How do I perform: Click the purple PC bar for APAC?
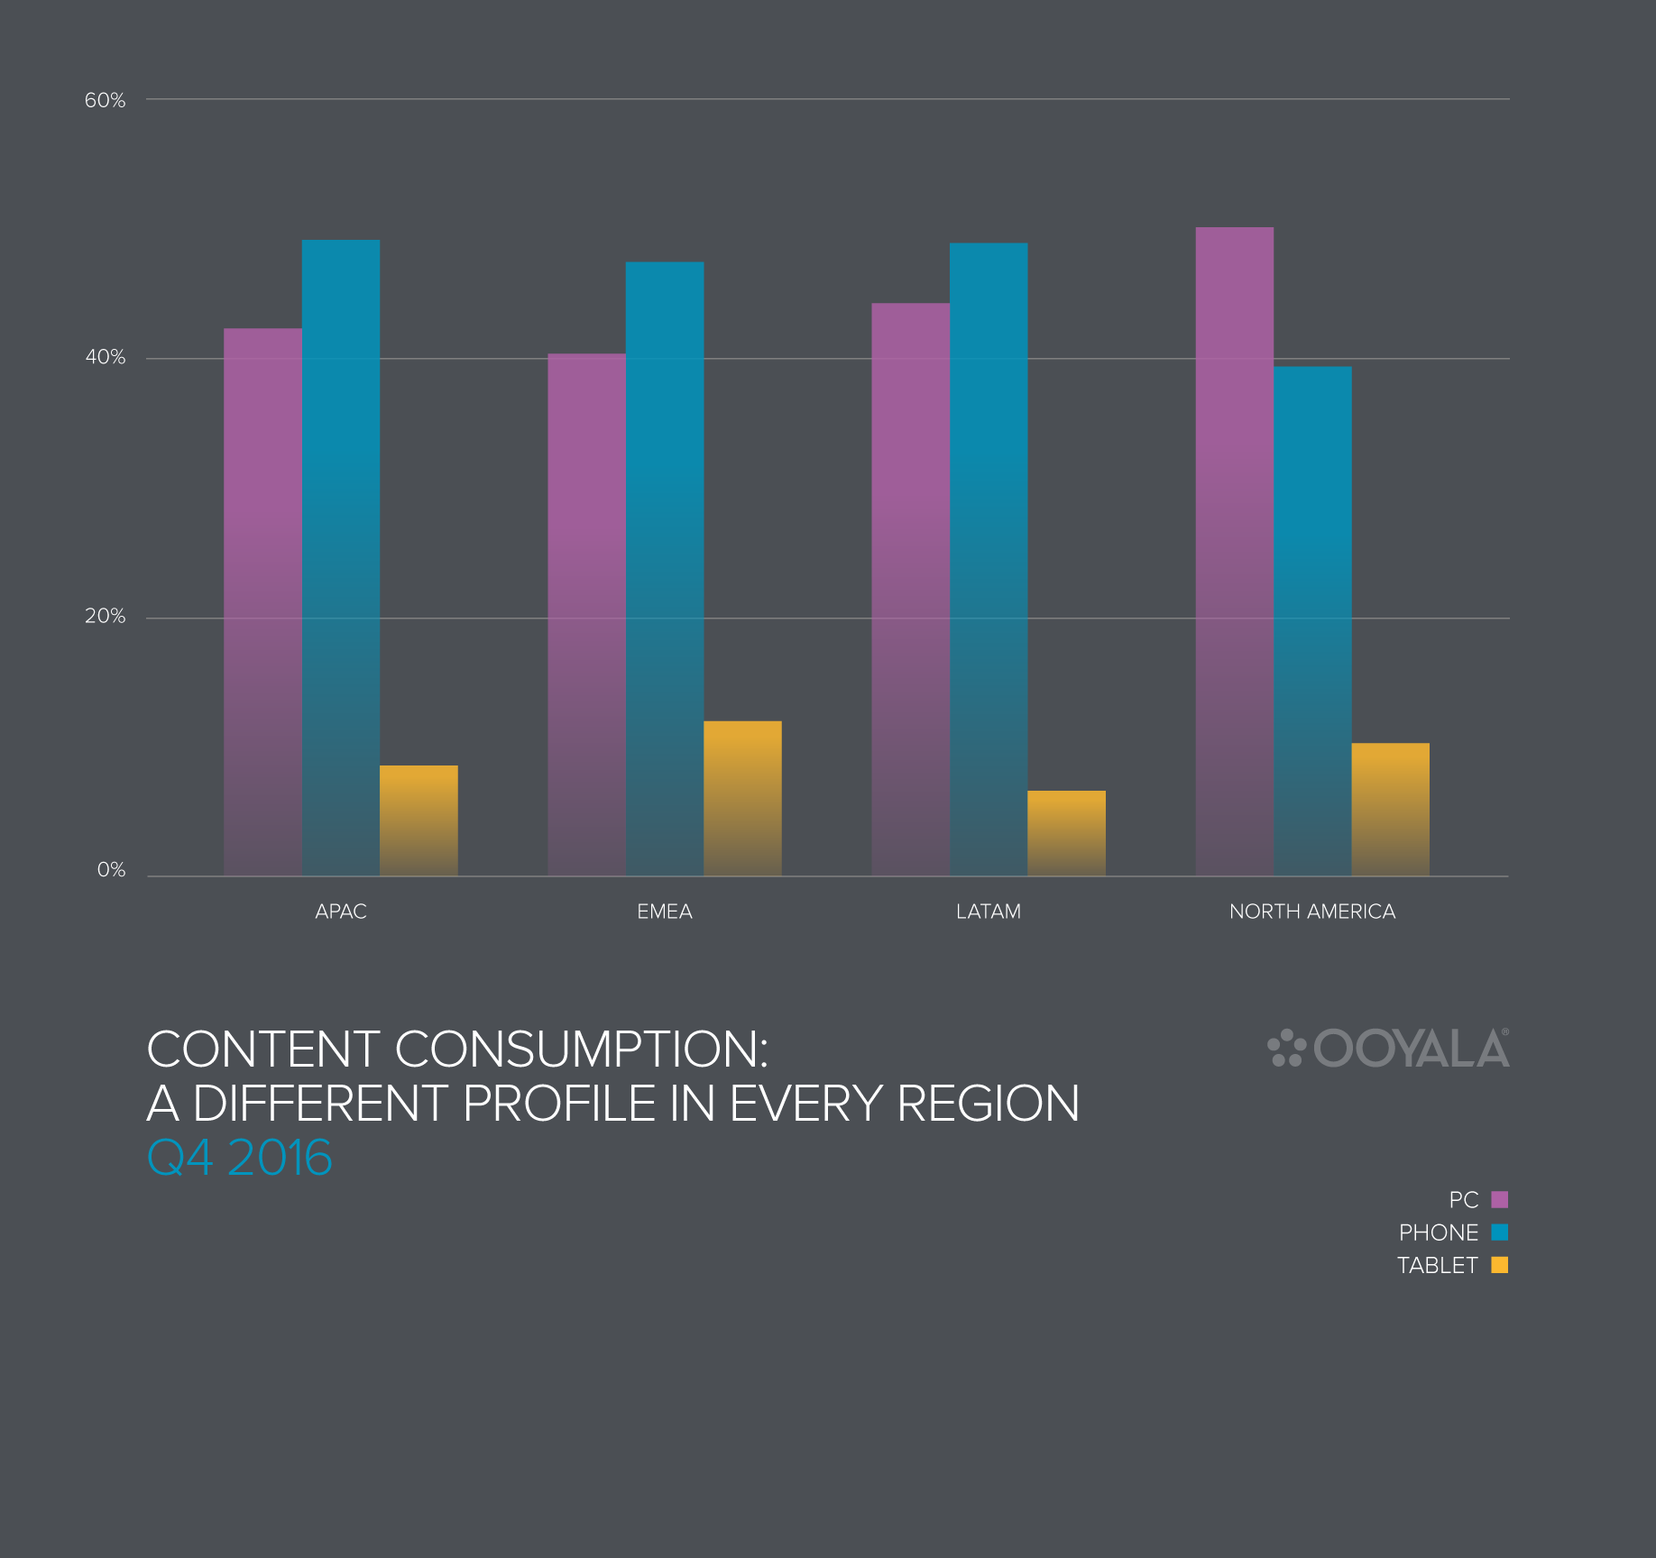pyautogui.click(x=262, y=601)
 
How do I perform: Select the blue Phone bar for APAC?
pyautogui.click(x=341, y=557)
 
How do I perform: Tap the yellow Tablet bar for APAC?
pyautogui.click(x=419, y=820)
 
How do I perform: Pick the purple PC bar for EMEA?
pyautogui.click(x=586, y=614)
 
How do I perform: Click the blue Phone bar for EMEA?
pyautogui.click(x=665, y=568)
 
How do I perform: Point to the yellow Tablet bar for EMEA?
pyautogui.click(x=742, y=798)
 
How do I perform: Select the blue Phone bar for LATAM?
pyautogui.click(x=989, y=559)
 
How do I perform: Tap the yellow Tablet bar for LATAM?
pyautogui.click(x=1066, y=833)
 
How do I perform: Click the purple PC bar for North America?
pyautogui.click(x=1235, y=551)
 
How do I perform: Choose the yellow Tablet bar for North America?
pyautogui.click(x=1390, y=809)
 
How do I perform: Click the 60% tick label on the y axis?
pyautogui.click(x=105, y=100)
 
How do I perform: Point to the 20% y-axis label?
pyautogui.click(x=105, y=616)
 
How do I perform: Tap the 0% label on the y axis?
pyautogui.click(x=111, y=870)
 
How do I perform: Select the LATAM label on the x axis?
pyautogui.click(x=989, y=912)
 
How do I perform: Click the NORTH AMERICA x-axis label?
pyautogui.click(x=1312, y=912)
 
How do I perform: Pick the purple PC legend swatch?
pyautogui.click(x=1500, y=1199)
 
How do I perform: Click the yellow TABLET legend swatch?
pyautogui.click(x=1500, y=1265)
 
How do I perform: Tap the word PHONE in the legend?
pyautogui.click(x=1439, y=1233)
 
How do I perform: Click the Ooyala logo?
pyautogui.click(x=1388, y=1049)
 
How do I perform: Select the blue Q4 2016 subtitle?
pyautogui.click(x=240, y=1158)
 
